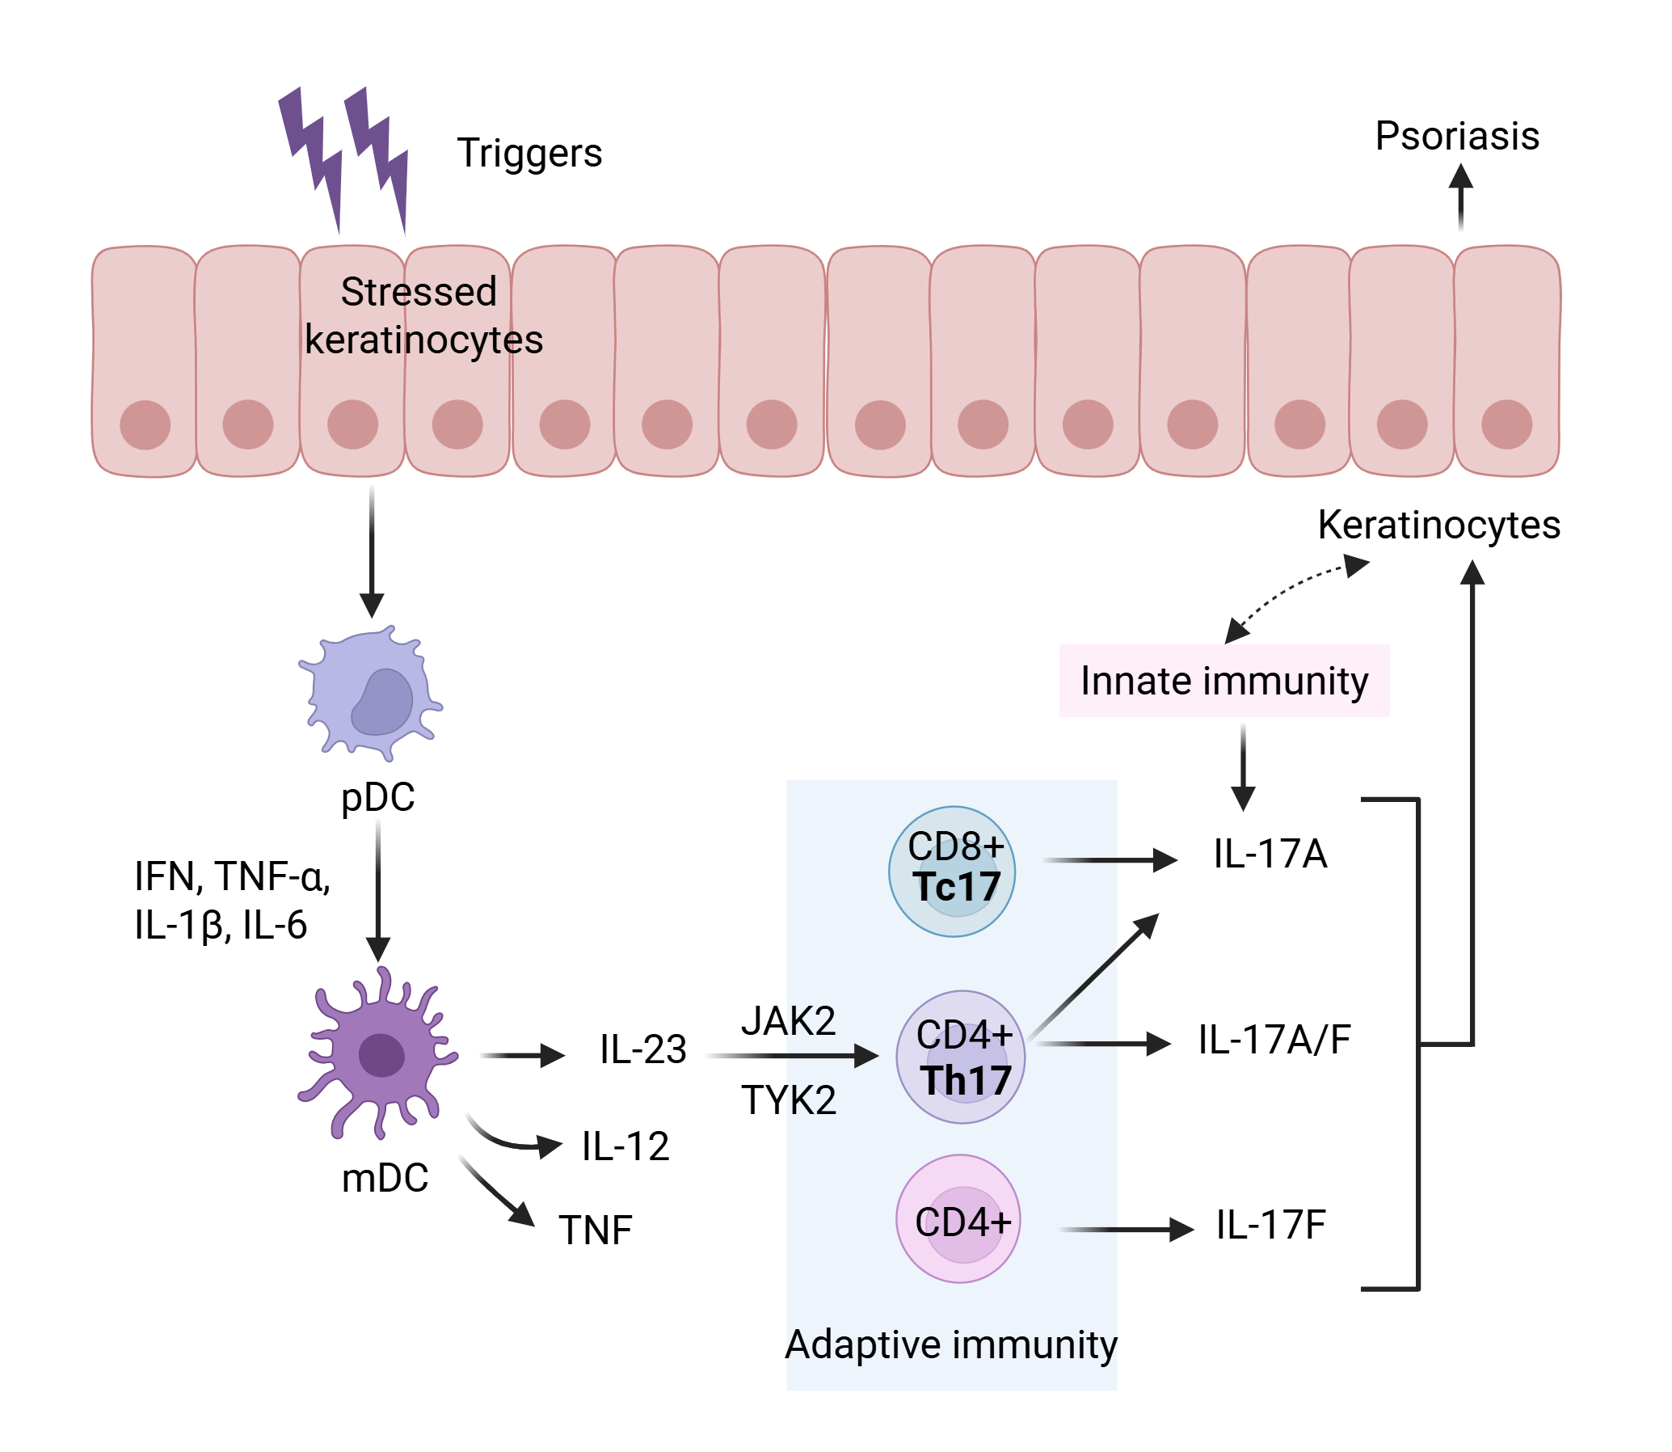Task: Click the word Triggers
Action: point(529,153)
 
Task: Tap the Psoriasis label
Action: point(1456,136)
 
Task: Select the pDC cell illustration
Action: point(372,694)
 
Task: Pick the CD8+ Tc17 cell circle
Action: point(952,872)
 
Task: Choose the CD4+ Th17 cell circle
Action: point(961,1057)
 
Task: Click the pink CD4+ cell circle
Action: point(958,1218)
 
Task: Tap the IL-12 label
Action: point(625,1146)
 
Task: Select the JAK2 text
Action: point(788,1021)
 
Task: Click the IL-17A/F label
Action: point(1274,1040)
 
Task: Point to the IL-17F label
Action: point(1270,1225)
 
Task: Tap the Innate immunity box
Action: point(1224,682)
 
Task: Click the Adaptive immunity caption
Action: point(951,1345)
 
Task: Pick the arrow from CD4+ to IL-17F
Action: point(1126,1230)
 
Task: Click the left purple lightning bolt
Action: point(312,154)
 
